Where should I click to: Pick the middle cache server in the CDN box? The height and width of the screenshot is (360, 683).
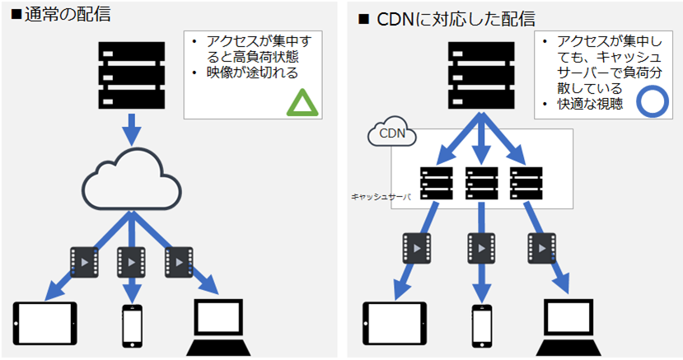coord(481,182)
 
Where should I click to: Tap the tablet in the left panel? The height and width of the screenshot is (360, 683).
coord(45,324)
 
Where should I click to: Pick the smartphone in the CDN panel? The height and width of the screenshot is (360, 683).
coord(482,326)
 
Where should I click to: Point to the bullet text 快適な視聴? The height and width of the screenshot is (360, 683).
coord(589,104)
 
